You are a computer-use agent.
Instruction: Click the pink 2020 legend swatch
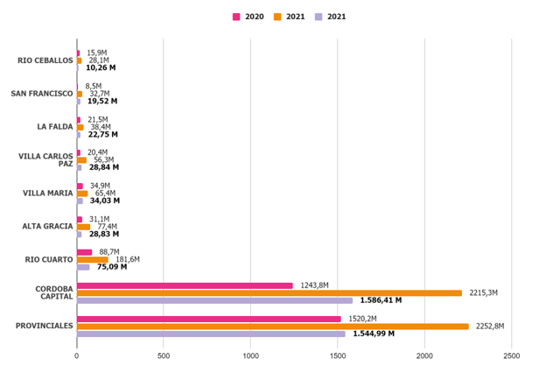[236, 17]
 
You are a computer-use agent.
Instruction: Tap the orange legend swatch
[277, 17]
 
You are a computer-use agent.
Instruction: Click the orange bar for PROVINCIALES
[272, 327]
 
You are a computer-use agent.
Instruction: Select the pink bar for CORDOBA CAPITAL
[185, 285]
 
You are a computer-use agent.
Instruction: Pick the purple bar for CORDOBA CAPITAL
[214, 300]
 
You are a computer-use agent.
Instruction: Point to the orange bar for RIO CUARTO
[93, 259]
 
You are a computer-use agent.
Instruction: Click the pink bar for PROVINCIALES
[208, 319]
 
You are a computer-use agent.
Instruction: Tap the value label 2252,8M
[490, 327]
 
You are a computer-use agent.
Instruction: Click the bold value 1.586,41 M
[381, 300]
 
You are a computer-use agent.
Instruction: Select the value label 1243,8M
[314, 285]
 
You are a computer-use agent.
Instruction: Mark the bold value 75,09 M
[112, 267]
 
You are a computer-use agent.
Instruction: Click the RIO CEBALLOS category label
[45, 60]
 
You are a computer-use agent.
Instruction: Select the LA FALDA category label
[54, 127]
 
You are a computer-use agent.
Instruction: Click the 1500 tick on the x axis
[338, 356]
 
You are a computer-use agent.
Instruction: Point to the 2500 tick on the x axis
[512, 356]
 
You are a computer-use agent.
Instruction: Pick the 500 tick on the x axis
[164, 356]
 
